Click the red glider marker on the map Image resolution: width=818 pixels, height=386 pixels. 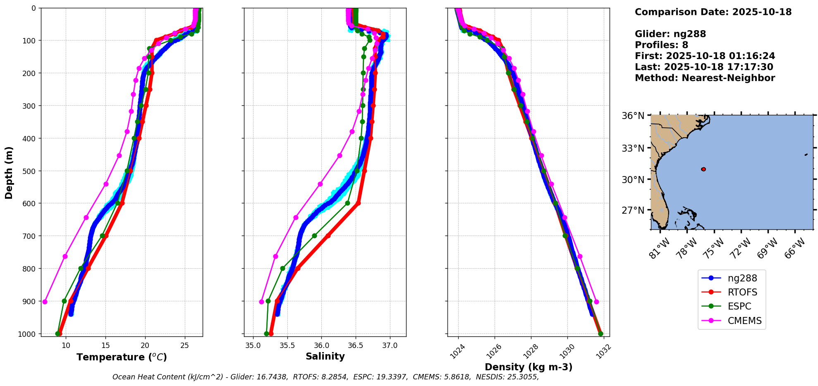703,169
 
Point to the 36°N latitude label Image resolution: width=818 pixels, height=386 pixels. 633,116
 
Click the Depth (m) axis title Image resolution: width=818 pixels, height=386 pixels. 9,172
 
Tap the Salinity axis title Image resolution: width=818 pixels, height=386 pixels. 325,356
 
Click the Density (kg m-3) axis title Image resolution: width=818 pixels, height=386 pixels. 529,367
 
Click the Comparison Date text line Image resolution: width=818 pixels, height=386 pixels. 713,12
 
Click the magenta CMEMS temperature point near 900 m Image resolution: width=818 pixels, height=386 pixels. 45,302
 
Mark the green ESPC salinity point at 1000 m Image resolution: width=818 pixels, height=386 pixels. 266,334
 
